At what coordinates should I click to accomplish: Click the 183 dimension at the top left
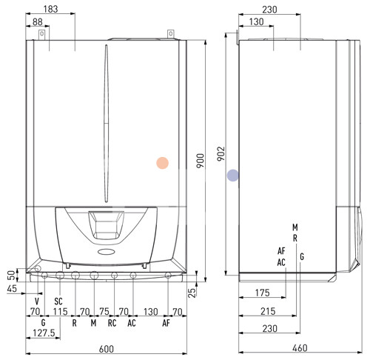(50, 9)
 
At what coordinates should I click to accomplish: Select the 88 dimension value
(38, 21)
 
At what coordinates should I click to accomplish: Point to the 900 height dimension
(201, 161)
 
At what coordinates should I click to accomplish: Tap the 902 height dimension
(221, 153)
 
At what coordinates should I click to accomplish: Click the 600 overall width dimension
(107, 349)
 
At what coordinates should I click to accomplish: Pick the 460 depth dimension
(300, 348)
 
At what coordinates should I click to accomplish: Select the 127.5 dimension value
(44, 333)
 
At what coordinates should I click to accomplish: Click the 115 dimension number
(60, 312)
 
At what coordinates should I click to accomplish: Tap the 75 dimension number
(104, 311)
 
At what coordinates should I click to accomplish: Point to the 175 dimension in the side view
(263, 293)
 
